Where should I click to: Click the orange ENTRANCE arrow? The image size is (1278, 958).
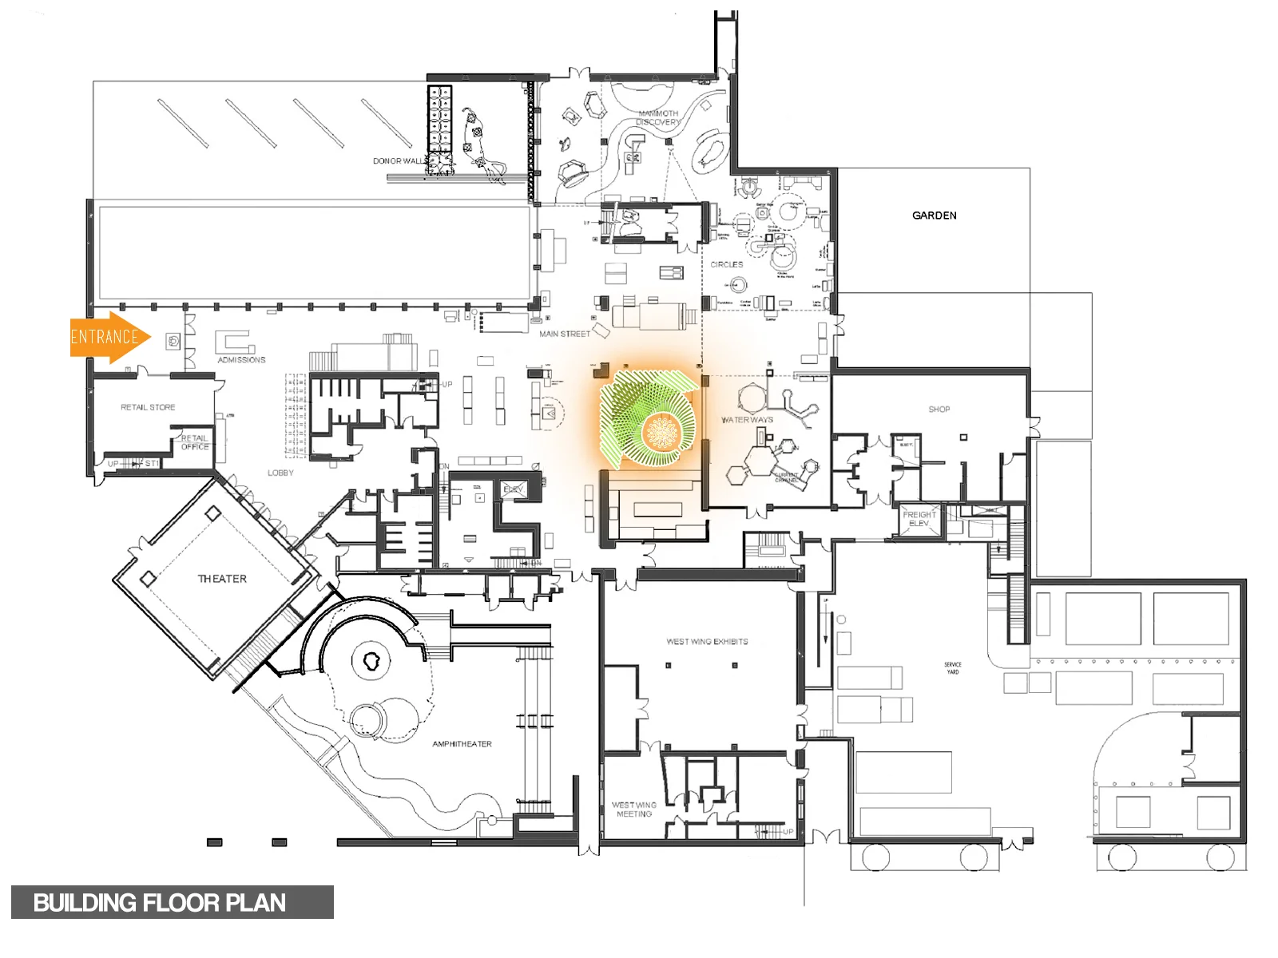[x=108, y=337]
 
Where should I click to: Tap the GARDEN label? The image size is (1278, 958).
[x=934, y=216]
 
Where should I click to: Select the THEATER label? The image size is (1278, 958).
[x=222, y=579]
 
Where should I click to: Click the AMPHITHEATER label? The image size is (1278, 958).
[x=462, y=744]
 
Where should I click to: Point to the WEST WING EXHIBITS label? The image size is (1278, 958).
[x=707, y=642]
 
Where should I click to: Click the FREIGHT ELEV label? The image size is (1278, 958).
[x=919, y=519]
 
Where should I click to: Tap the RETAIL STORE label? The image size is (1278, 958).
[x=148, y=407]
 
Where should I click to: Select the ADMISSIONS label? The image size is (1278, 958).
[x=241, y=360]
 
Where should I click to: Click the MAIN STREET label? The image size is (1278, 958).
[x=564, y=334]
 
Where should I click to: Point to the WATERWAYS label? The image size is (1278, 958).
[x=747, y=420]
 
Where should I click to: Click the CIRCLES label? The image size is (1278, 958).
[x=726, y=264]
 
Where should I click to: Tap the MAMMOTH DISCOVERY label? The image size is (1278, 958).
[x=658, y=118]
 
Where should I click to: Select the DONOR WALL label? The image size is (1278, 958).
[x=399, y=161]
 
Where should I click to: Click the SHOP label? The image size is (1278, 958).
[x=939, y=410]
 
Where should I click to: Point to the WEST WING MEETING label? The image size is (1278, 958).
[x=634, y=810]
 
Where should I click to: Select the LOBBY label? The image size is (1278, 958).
[x=280, y=473]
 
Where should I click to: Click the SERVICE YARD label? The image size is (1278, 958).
[x=952, y=668]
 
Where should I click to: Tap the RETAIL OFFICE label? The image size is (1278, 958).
[x=194, y=442]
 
